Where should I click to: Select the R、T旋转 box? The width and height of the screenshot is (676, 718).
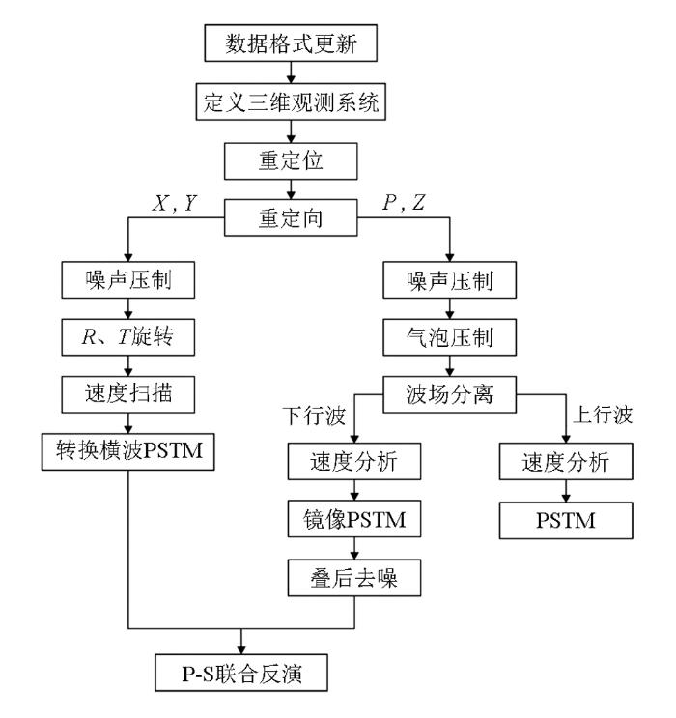click(127, 338)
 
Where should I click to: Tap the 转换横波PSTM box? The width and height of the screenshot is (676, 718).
click(127, 449)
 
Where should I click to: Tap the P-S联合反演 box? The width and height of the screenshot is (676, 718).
click(244, 670)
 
